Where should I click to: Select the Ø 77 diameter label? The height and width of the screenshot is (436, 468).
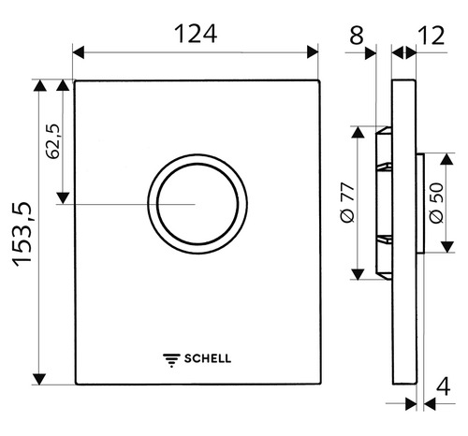[x=346, y=202]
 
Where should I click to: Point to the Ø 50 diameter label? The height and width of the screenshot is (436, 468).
[x=437, y=202]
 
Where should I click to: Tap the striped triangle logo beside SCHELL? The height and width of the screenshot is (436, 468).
[x=171, y=357]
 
